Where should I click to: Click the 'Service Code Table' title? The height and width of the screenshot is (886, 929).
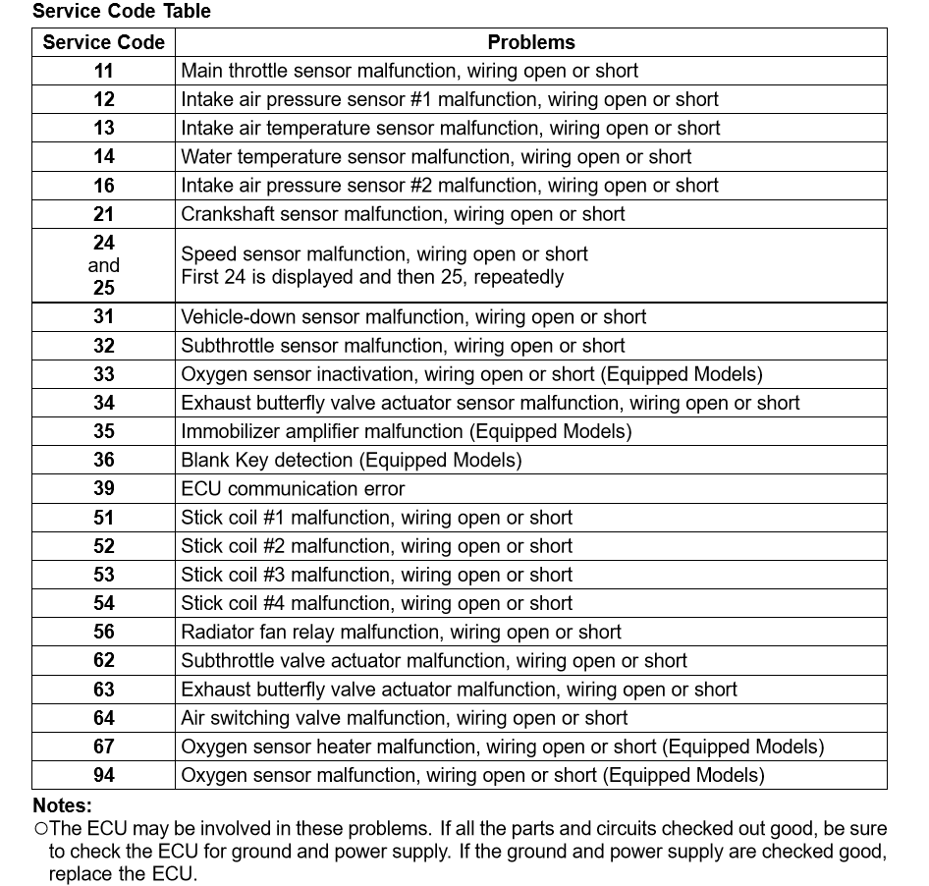coord(122,12)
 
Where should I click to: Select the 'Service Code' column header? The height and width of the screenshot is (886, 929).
coord(104,42)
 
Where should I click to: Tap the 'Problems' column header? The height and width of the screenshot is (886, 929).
coord(531,42)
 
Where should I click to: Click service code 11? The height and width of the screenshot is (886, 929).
coord(104,71)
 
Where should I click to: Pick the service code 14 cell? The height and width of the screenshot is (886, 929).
coord(104,157)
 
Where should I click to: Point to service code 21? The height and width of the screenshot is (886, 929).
coord(104,214)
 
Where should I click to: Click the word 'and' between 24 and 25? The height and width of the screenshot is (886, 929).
coord(104,265)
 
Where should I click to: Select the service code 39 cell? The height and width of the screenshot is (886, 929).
coord(104,488)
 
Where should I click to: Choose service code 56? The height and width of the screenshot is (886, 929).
coord(104,632)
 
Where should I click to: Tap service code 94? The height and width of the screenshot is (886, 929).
coord(104,775)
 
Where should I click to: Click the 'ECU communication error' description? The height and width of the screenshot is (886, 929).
coord(293,488)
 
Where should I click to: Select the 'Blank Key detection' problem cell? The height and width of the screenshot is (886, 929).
coord(351,460)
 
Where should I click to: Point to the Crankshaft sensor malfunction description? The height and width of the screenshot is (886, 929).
coord(403,214)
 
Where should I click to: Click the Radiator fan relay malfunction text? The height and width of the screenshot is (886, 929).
coord(401,632)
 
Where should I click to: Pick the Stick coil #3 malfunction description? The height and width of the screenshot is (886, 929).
coord(376,575)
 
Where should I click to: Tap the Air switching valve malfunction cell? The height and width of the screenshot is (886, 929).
coord(404,718)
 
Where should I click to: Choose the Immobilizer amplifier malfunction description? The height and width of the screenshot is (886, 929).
coord(406,431)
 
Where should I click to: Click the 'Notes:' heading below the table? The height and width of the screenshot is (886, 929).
coord(62,805)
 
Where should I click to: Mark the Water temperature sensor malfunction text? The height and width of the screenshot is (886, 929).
coord(436,157)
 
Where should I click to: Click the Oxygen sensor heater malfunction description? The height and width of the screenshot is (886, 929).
coord(502,747)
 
